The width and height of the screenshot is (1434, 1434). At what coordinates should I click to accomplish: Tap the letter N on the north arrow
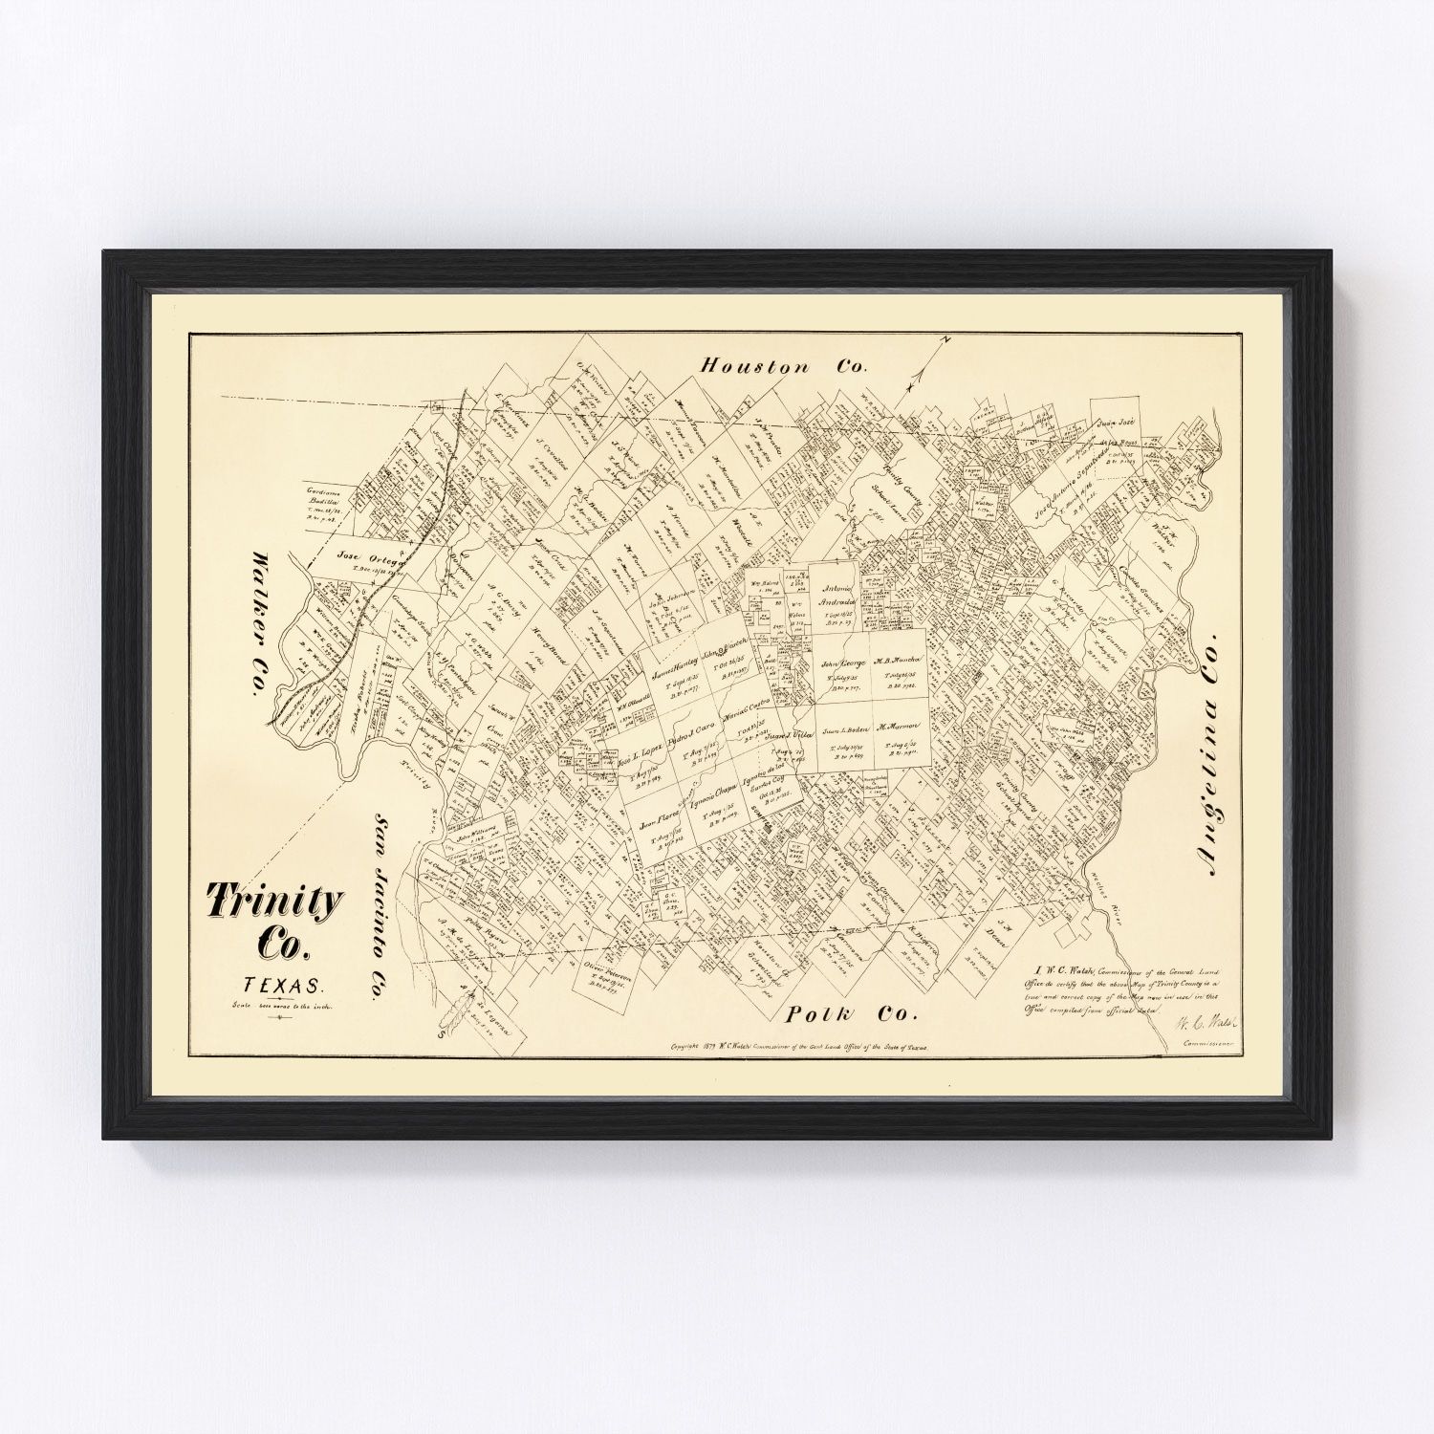tap(941, 340)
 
